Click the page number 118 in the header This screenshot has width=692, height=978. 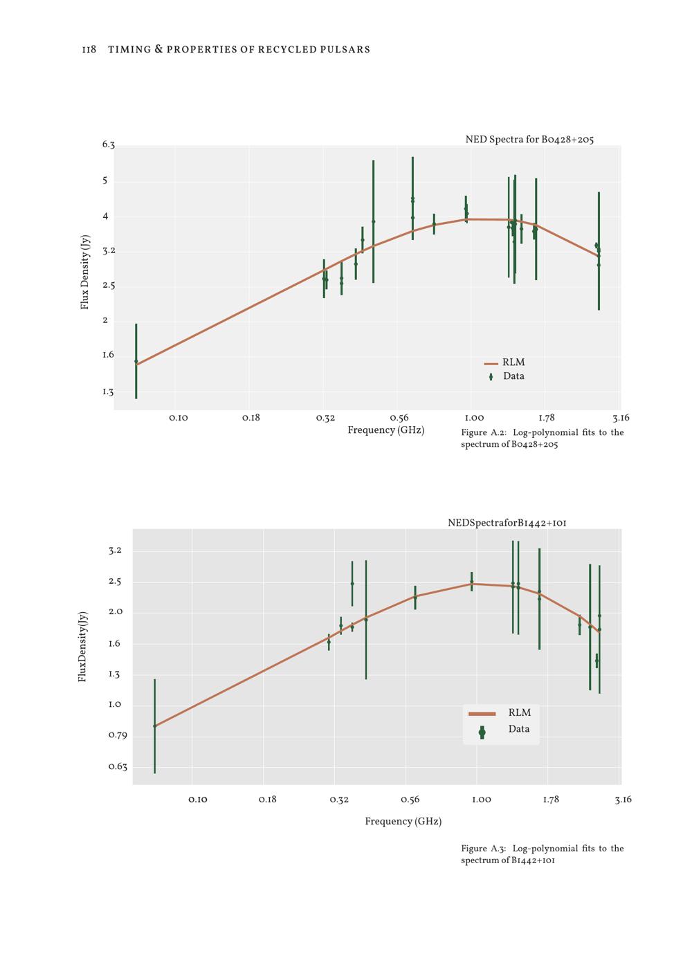coord(89,50)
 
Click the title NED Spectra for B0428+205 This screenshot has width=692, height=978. coord(529,140)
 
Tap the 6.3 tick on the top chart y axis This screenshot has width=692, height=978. coord(108,145)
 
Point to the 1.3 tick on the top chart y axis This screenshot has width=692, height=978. coord(108,392)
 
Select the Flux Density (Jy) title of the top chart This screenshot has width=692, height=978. coord(85,272)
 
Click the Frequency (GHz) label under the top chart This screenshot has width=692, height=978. coord(385,430)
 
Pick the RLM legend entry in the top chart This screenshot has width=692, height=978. coord(513,362)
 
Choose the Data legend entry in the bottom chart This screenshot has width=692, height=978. coord(518,729)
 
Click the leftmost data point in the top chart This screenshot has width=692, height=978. coord(136,361)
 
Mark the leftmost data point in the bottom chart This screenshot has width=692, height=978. coord(154,726)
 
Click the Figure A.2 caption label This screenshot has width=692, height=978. coord(483,433)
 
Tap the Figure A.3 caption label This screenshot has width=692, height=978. coord(483,849)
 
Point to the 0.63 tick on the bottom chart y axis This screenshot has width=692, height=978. coord(118,766)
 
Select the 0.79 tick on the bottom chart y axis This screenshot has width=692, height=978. coord(118,735)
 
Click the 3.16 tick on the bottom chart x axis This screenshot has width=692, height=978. coord(623,800)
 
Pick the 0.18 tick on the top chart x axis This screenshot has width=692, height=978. coord(251,418)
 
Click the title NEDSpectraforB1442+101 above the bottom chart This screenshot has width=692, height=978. coord(507,523)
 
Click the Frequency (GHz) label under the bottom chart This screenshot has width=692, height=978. coord(403,822)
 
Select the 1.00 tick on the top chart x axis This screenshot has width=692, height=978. coord(474,418)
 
